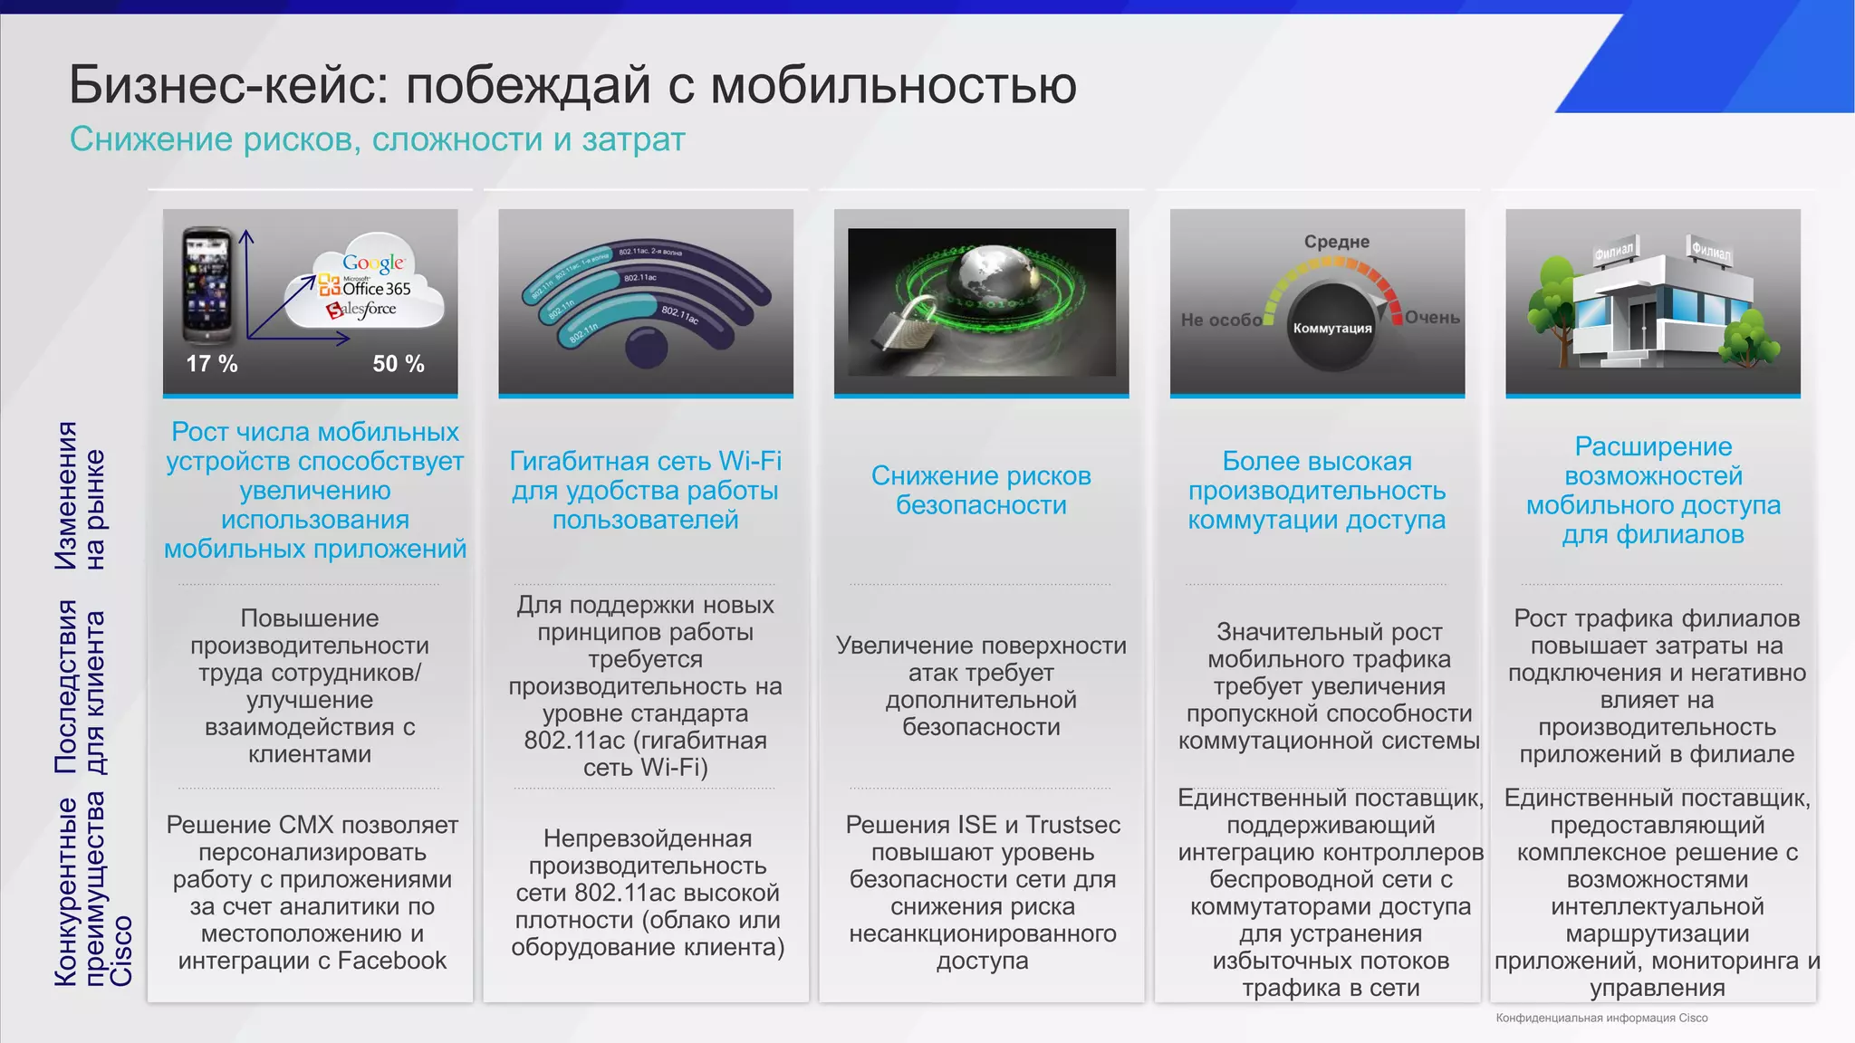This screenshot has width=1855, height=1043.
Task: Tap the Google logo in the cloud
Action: click(x=373, y=263)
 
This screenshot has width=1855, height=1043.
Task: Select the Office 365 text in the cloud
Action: click(x=376, y=289)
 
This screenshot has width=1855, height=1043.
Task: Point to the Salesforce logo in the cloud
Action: click(x=362, y=310)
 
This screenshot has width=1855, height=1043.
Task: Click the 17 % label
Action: click(x=212, y=364)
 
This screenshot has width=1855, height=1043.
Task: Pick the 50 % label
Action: click(x=399, y=364)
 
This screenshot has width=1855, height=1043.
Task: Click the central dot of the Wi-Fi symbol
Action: click(x=646, y=348)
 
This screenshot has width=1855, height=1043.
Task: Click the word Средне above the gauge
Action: click(x=1336, y=242)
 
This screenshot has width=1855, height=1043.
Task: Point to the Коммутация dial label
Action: click(x=1331, y=328)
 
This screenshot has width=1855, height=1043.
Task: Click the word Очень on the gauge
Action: click(x=1432, y=318)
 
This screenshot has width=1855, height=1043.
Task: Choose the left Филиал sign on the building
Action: click(x=1614, y=251)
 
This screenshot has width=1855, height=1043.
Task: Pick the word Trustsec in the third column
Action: click(x=1073, y=825)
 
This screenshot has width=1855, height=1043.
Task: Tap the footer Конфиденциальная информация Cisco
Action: click(x=1601, y=1018)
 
